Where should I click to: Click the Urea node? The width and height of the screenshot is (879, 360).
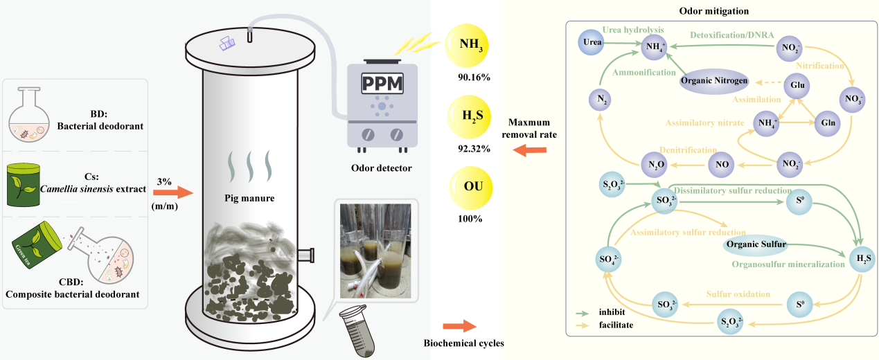(x=592, y=43)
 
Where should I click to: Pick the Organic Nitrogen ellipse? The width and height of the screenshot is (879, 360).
(x=713, y=81)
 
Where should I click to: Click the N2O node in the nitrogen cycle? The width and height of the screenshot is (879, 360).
(x=658, y=165)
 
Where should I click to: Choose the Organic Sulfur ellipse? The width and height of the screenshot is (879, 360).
(x=754, y=244)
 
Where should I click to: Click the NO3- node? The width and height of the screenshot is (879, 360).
(x=853, y=98)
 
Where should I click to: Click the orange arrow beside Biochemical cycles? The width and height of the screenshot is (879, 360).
(x=458, y=325)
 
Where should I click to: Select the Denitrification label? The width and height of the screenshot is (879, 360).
(x=686, y=150)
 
